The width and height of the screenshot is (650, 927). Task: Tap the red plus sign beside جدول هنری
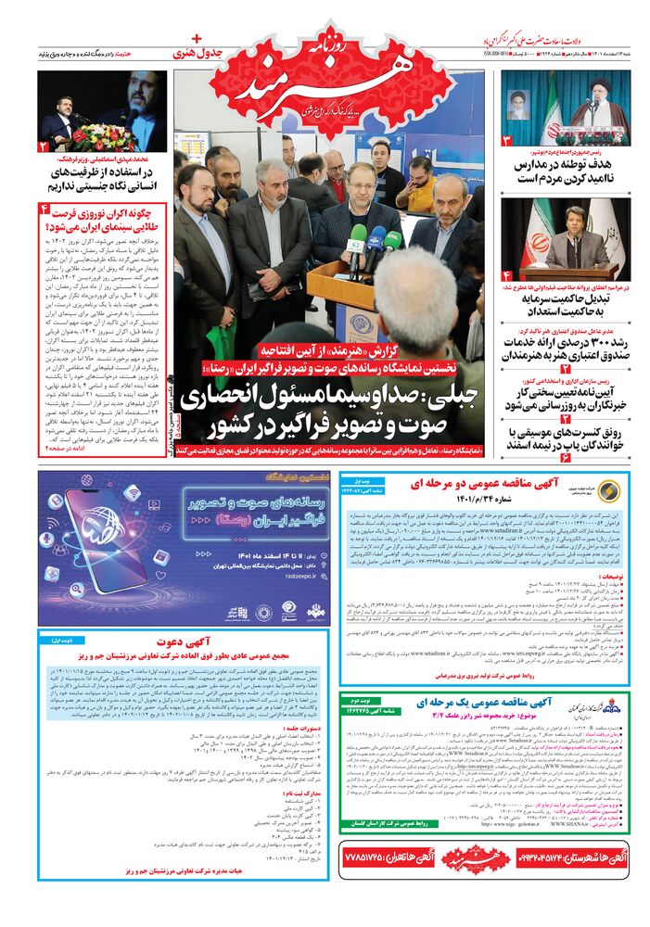click(x=196, y=40)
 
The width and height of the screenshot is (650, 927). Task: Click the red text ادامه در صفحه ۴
click(x=69, y=450)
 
